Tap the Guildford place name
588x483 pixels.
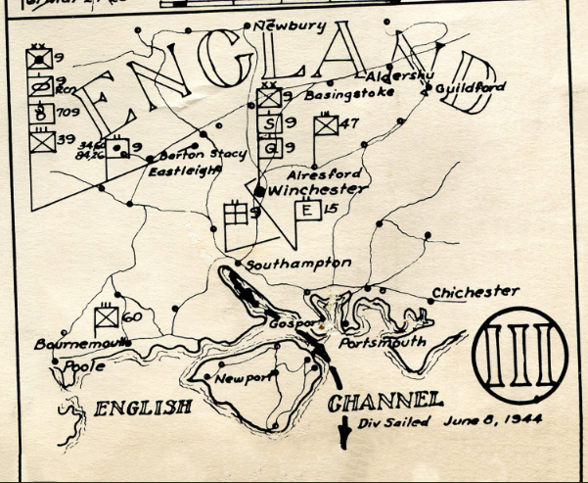(471, 87)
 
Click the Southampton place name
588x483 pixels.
(298, 265)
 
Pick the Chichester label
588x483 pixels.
(475, 292)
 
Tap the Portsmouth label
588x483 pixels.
(382, 343)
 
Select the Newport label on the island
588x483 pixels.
(242, 378)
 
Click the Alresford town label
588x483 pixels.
(318, 173)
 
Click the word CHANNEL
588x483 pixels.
(385, 401)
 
